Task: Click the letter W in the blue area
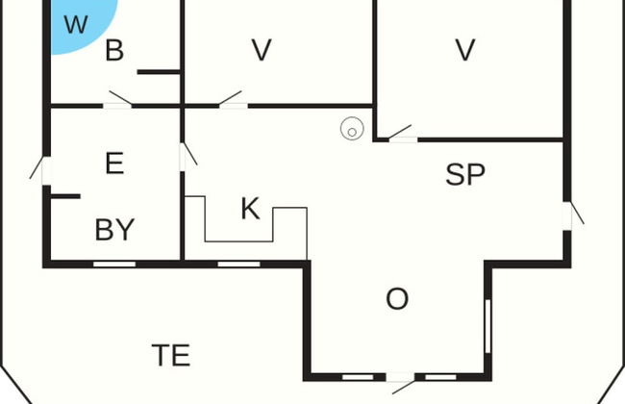click(75, 24)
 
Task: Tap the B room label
click(114, 51)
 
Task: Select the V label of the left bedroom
click(262, 50)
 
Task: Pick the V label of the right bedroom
click(465, 50)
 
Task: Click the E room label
click(114, 164)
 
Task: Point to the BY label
click(114, 230)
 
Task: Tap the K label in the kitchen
click(250, 209)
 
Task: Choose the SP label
click(465, 175)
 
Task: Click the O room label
click(397, 299)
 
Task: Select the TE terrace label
click(171, 355)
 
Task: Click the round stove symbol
click(352, 128)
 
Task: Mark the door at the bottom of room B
click(119, 100)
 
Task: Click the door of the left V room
click(231, 100)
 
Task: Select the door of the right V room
click(402, 135)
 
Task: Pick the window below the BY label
click(114, 263)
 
